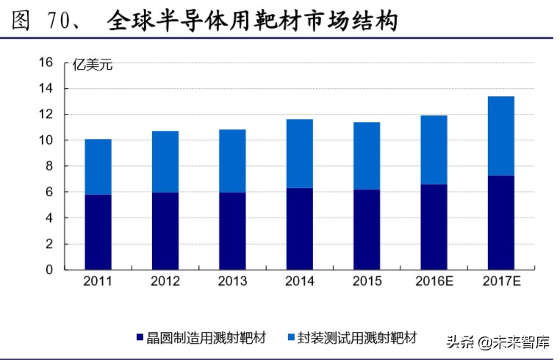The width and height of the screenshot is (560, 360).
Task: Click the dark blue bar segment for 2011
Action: click(98, 231)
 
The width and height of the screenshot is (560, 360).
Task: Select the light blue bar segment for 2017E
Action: click(500, 136)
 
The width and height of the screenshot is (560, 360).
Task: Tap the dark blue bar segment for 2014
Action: click(299, 228)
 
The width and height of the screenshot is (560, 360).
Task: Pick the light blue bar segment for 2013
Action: click(232, 161)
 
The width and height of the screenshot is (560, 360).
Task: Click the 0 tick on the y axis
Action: click(49, 270)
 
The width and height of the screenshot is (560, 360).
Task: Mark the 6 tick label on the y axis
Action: click(49, 192)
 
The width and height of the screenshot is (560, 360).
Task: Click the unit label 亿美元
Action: click(93, 66)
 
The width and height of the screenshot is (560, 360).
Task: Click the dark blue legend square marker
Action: click(140, 338)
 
